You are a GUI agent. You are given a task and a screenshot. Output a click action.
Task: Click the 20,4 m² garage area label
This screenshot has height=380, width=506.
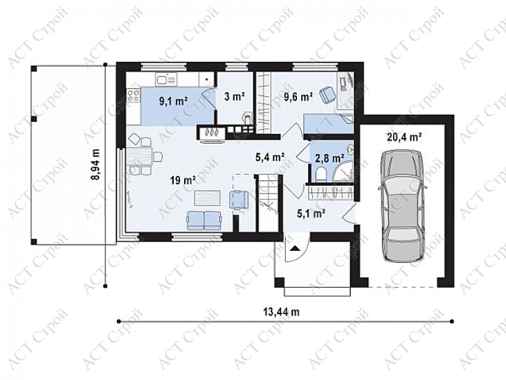404,137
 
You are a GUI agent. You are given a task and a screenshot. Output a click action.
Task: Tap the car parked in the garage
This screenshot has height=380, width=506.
402,207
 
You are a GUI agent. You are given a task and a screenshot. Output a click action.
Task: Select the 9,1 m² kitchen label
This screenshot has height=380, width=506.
173,102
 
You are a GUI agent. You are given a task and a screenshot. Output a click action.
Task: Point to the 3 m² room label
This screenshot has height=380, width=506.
235,96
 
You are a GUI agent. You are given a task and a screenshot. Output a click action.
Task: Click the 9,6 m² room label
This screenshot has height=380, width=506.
298,96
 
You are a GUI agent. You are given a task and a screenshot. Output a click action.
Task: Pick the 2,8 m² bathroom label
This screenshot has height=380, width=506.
329,159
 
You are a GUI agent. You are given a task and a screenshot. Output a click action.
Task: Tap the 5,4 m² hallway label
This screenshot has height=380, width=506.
270,157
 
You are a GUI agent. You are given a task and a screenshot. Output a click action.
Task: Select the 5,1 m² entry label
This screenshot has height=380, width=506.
310,214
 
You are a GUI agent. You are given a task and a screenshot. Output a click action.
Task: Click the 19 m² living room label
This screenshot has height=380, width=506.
183,180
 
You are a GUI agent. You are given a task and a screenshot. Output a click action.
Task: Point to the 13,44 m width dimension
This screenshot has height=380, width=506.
282,312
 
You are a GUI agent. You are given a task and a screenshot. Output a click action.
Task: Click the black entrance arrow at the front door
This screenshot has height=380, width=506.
295,248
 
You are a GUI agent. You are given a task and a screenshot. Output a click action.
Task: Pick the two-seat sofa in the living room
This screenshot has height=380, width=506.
204,221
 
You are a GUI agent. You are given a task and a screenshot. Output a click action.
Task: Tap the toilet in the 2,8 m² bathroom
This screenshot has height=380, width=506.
319,175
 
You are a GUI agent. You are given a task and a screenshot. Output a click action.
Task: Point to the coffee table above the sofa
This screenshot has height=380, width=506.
207,198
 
